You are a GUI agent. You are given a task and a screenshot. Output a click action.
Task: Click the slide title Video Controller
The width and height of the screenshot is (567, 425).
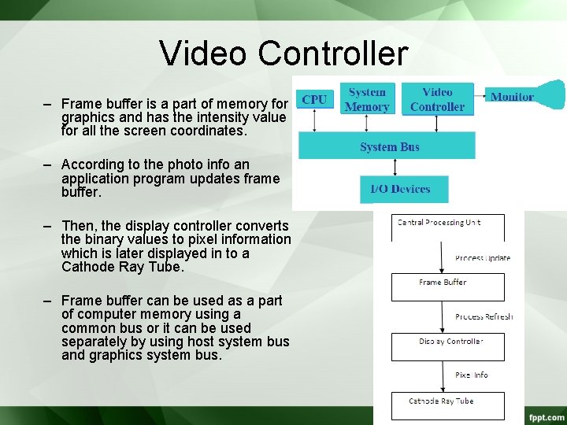pos(283,54)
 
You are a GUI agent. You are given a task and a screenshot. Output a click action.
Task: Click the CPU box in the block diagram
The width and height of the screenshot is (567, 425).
pos(314,100)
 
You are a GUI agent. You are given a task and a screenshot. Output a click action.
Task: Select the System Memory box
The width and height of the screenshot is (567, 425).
pos(367,99)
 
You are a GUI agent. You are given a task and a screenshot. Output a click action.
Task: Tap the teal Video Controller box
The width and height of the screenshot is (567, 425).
pos(437,99)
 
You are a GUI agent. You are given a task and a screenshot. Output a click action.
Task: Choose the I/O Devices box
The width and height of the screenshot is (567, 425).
pos(400,189)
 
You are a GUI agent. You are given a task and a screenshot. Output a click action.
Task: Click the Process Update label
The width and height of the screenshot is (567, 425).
pos(482,258)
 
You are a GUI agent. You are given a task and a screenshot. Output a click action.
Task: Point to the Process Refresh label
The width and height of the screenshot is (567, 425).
pos(484,316)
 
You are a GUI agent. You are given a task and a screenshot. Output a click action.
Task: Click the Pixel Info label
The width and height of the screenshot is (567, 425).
pos(471,375)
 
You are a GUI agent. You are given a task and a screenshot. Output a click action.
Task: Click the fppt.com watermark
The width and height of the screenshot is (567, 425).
pos(547,416)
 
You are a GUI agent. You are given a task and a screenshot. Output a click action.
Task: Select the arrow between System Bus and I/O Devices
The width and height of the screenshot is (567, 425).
pos(395,167)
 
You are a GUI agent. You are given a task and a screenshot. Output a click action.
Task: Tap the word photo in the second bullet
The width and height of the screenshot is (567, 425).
pos(183,164)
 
